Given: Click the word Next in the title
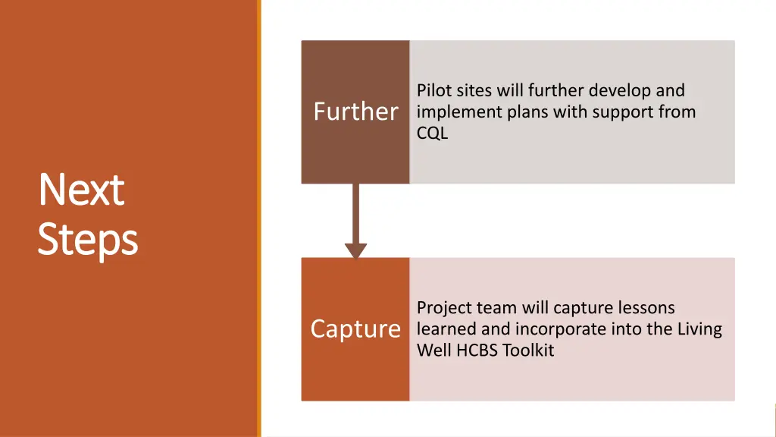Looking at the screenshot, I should [81, 190].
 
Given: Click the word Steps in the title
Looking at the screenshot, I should [87, 240].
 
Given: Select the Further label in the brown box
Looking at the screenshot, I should [355, 112].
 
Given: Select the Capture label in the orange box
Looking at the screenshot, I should [355, 329].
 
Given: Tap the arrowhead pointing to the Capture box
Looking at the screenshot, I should [355, 250].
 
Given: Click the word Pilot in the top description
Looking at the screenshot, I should [434, 91].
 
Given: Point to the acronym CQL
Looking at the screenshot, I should [432, 134].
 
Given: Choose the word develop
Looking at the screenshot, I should [621, 91].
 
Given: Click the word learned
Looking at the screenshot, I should [443, 329].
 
